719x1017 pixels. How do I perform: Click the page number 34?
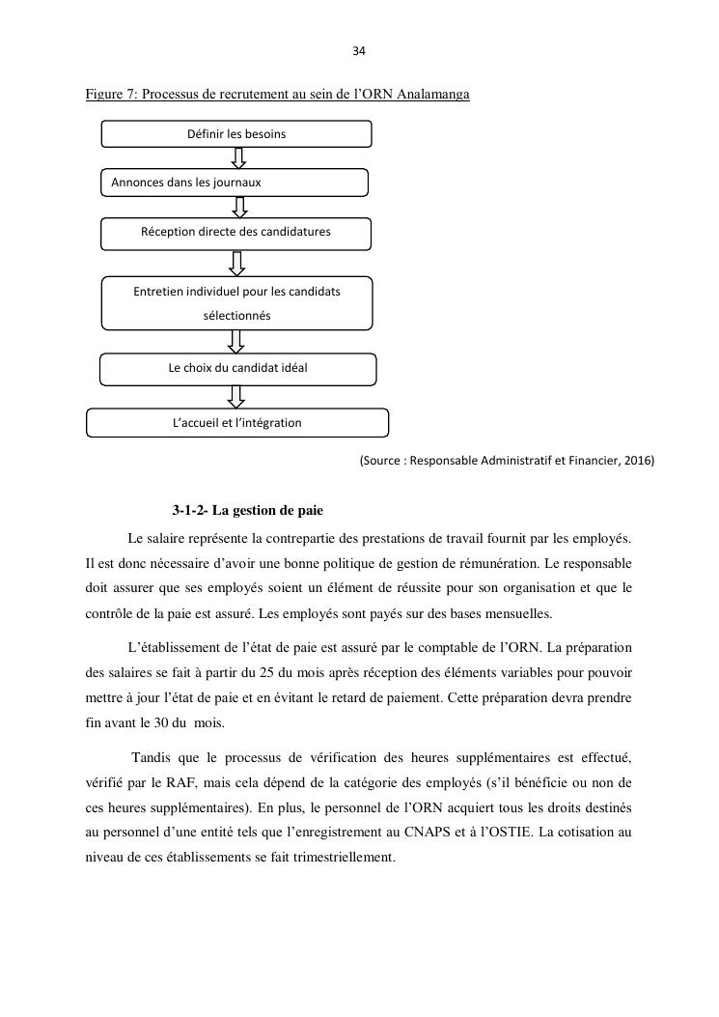tap(359, 51)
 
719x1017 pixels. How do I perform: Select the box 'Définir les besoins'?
tap(236, 133)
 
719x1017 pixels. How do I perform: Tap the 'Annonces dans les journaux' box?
tap(235, 182)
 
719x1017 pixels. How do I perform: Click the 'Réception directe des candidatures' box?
tap(236, 233)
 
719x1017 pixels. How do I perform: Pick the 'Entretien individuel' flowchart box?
tap(236, 303)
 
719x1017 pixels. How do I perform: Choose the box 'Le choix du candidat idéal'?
tap(238, 368)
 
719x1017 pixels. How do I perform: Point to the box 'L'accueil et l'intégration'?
tap(237, 423)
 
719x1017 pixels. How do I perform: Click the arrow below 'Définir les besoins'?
tap(239, 157)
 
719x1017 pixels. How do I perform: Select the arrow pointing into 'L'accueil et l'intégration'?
tap(236, 396)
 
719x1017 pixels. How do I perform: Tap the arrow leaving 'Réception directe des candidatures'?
tap(237, 263)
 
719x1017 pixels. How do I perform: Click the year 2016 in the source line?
tap(637, 461)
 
